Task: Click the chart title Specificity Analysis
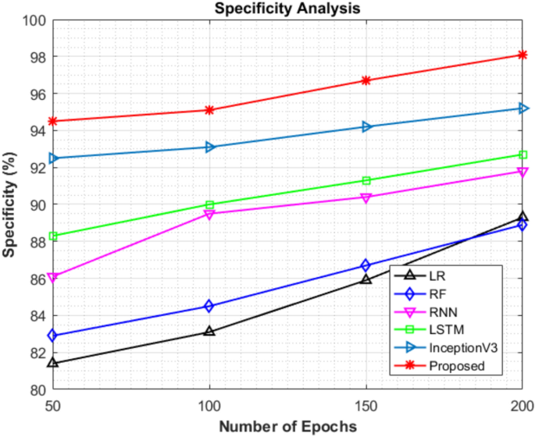[x=287, y=9]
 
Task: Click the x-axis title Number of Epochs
[x=287, y=427]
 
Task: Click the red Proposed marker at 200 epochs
[x=523, y=55]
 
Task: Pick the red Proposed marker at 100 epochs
[x=209, y=110]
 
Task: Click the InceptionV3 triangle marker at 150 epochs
[x=366, y=126]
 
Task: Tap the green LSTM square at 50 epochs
[x=53, y=236]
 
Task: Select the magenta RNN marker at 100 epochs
[x=209, y=214]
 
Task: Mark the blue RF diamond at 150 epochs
[x=366, y=266]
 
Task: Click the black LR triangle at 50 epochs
[x=53, y=363]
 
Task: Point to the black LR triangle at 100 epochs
[x=209, y=331]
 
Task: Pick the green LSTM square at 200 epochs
[x=523, y=155]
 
